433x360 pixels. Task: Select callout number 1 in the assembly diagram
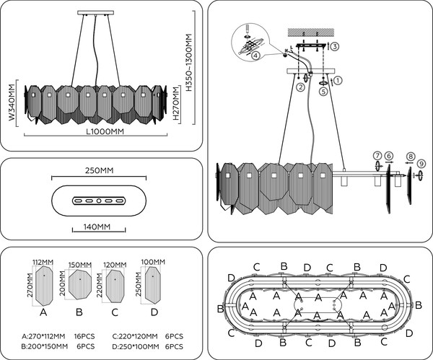coord(337,81)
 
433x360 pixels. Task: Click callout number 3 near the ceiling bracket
coord(334,46)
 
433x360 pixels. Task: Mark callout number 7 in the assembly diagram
coord(376,157)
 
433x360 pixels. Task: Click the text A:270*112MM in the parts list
coord(45,336)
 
